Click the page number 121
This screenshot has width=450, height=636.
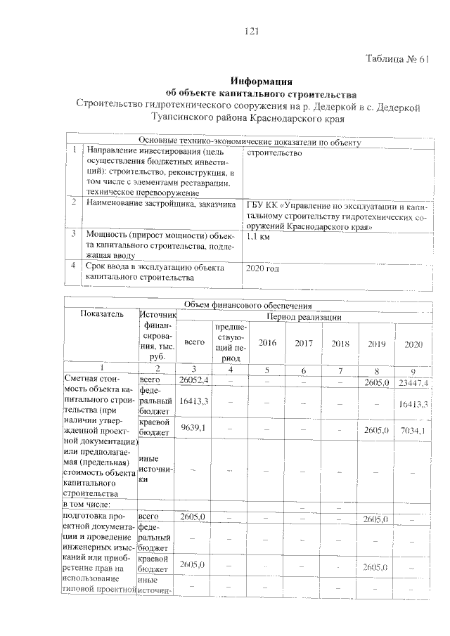click(252, 30)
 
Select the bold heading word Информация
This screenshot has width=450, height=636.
click(262, 82)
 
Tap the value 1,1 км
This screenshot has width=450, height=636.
click(259, 236)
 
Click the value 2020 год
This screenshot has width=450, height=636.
click(262, 268)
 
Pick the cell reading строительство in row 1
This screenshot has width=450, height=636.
click(274, 152)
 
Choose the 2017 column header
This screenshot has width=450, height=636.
click(304, 343)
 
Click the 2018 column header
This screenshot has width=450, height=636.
click(340, 343)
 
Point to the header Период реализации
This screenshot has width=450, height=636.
click(303, 318)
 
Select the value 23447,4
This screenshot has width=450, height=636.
click(413, 382)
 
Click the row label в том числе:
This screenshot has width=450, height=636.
click(90, 504)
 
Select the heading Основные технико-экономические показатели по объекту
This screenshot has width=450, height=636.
click(249, 143)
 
